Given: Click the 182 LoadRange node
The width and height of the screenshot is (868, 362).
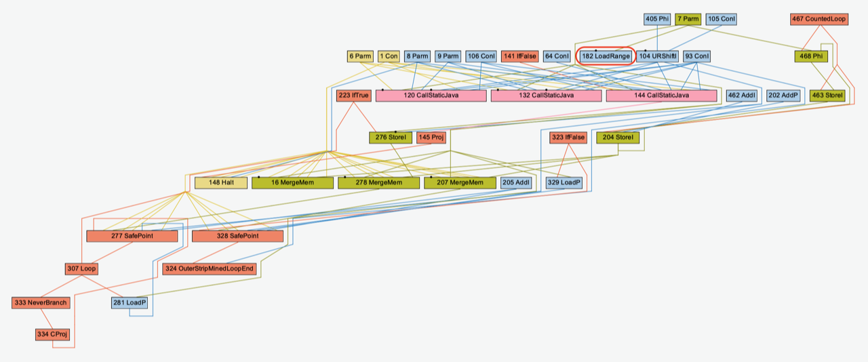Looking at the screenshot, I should click(606, 56).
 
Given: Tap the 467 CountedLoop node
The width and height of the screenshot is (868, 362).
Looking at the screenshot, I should click(818, 19).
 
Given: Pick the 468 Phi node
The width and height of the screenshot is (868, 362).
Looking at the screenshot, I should click(811, 56).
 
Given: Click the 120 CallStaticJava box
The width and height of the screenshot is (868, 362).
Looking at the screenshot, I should click(431, 96).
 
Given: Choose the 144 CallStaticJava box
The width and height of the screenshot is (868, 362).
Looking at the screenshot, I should click(661, 96).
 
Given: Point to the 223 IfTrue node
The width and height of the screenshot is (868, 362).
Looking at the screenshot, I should click(353, 96).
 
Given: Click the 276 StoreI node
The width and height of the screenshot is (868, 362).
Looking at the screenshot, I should click(390, 138).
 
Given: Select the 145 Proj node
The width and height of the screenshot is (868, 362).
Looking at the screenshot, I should click(431, 138).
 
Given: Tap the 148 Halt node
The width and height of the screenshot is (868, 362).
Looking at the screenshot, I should click(220, 182).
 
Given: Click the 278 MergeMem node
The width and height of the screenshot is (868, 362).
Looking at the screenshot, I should click(378, 182).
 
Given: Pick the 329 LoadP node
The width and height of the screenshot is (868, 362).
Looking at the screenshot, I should click(564, 182).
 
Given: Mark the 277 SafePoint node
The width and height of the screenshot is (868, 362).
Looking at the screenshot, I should click(132, 236).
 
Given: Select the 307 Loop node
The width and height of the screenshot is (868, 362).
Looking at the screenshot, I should click(82, 269).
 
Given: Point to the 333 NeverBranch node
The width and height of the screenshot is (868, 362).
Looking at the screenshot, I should click(41, 302).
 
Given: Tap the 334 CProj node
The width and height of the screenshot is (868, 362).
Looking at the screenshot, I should click(52, 334).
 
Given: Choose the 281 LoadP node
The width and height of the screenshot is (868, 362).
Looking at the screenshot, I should click(130, 302).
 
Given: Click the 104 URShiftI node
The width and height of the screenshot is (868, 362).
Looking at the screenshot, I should click(657, 56).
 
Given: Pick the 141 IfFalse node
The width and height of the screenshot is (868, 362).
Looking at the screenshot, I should click(520, 56).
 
